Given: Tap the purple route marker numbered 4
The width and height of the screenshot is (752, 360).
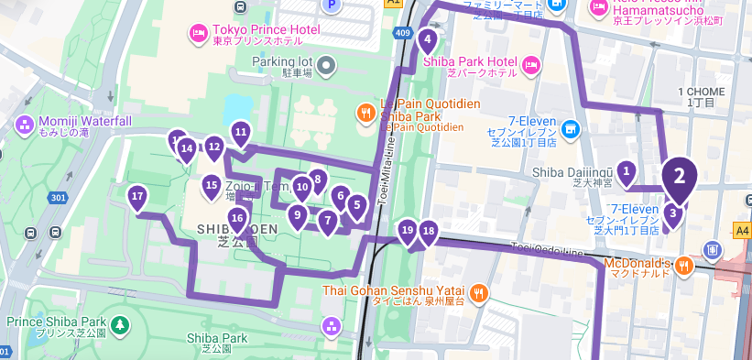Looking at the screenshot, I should [427, 40].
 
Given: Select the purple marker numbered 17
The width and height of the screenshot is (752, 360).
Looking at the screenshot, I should [137, 196].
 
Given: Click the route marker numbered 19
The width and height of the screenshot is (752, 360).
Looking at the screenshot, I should [408, 230].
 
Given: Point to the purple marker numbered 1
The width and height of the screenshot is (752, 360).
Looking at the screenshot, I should [627, 170].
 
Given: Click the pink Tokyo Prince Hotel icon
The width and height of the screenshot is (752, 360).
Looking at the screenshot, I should [197, 34].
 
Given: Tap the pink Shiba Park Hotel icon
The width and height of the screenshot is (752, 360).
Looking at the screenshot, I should [531, 64].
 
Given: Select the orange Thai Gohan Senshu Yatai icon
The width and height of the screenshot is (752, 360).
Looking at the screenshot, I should [479, 291].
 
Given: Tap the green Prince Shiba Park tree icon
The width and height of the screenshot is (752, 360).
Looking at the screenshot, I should [119, 324].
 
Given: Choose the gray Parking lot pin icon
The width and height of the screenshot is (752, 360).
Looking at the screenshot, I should [327, 63].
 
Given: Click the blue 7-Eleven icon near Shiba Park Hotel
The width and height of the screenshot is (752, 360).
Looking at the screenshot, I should [571, 127].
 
